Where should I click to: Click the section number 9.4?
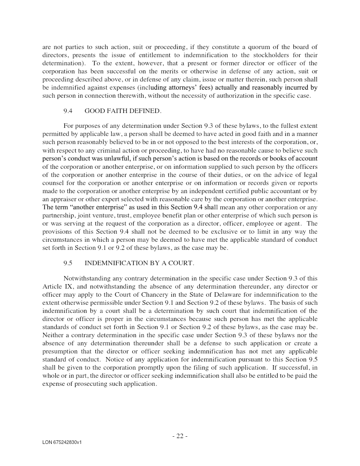[x=68, y=111]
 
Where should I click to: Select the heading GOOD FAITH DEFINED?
[x=122, y=111]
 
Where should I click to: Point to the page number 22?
[x=180, y=436]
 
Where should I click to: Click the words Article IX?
[x=55, y=286]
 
